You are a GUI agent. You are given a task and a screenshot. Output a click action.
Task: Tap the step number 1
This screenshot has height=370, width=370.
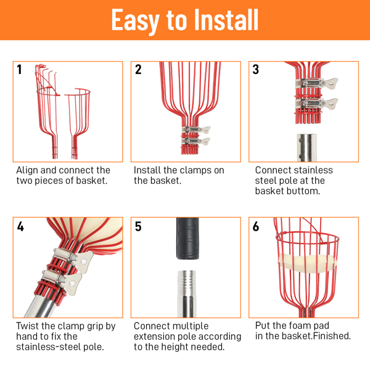pyautogui.click(x=19, y=69)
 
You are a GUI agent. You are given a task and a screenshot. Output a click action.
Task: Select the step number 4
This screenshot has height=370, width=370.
pyautogui.click(x=20, y=226)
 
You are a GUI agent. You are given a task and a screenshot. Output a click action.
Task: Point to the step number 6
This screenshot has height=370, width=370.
pyautogui.click(x=256, y=226)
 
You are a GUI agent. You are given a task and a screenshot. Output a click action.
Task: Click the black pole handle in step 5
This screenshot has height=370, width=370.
pyautogui.click(x=188, y=238)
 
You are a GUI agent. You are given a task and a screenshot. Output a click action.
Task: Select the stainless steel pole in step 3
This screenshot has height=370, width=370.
pyautogui.click(x=306, y=148)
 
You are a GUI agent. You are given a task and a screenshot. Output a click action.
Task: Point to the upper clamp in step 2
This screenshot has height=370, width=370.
pyautogui.click(x=196, y=129)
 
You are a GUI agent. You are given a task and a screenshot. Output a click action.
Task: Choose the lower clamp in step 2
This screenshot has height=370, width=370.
pyautogui.click(x=196, y=141)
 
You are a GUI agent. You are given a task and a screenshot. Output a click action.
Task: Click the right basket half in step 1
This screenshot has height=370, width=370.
pyautogui.click(x=78, y=123)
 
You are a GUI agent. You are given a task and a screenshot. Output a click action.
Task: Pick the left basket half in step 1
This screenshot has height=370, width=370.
pyautogui.click(x=47, y=111)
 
